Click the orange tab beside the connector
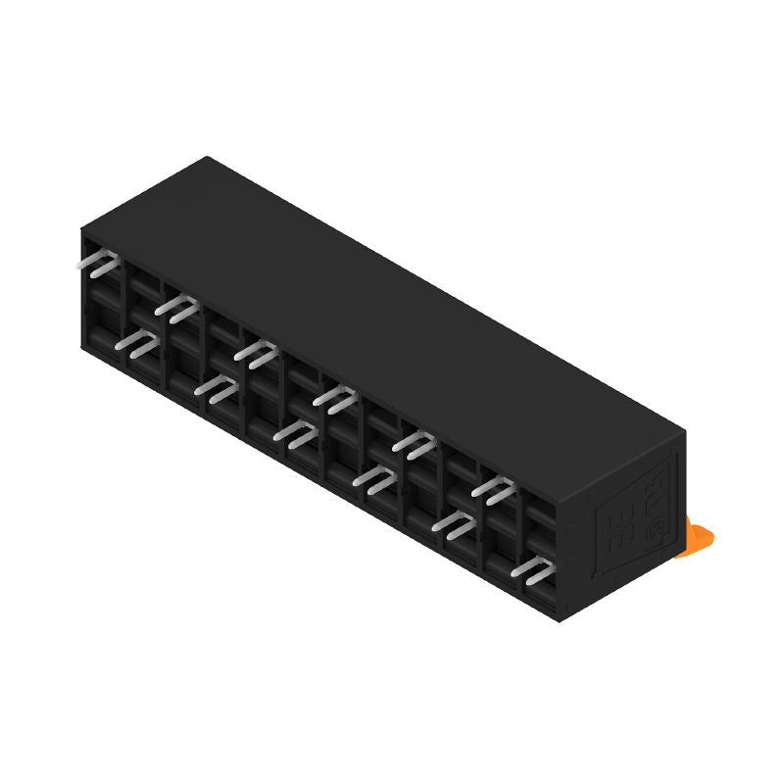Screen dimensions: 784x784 click(x=702, y=538)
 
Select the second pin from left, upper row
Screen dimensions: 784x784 click(x=177, y=309)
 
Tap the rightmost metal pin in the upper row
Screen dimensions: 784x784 click(x=496, y=489)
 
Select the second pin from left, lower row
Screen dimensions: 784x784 click(x=218, y=389)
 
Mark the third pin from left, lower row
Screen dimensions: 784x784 click(x=297, y=434)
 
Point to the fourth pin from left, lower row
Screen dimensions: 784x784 click(x=376, y=479)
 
